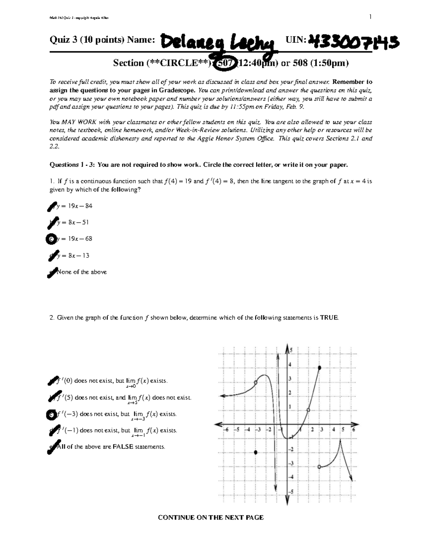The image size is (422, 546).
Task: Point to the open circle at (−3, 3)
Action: coord(256,383)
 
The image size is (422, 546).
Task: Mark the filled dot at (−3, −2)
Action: coord(256,452)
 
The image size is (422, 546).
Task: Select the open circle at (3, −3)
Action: coord(319,467)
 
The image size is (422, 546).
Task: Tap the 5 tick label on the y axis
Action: coord(291,351)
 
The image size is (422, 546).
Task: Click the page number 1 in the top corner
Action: coord(370,17)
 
